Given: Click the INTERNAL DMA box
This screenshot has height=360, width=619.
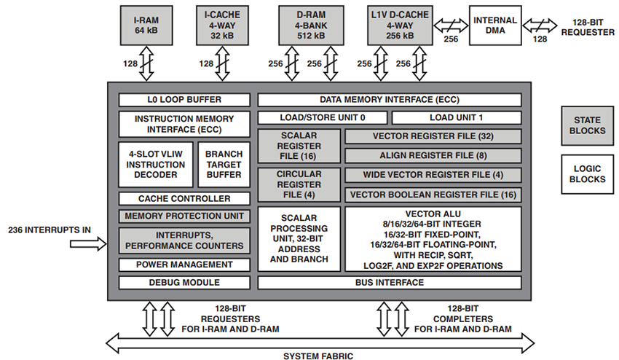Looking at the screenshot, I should point(496,24).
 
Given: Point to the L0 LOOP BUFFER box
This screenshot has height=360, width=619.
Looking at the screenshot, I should point(184,100).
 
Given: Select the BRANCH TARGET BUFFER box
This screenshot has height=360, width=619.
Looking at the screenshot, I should point(224,164).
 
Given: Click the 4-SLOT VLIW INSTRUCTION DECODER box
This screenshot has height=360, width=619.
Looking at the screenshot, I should point(156,164).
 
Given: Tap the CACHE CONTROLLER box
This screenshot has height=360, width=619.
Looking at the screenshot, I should point(184,198).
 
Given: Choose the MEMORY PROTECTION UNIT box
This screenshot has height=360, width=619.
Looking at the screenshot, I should point(184,216).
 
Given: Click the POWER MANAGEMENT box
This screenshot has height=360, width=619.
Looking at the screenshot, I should point(184,265).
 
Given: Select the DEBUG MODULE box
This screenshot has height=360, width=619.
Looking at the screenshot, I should point(184,282).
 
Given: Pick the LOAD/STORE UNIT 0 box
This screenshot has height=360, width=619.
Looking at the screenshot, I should point(322,117).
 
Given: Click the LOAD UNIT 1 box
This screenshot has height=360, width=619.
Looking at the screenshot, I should point(457,117).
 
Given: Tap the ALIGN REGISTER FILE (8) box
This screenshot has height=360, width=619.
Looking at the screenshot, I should point(433,155).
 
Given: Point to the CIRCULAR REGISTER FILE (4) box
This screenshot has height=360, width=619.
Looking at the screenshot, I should point(299,184).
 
